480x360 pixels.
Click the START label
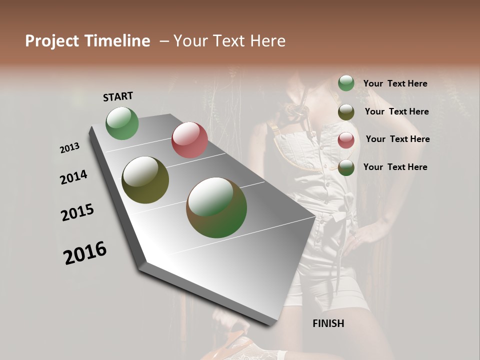click(118, 96)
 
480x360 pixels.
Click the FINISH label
click(328, 323)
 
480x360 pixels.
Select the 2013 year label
click(69, 148)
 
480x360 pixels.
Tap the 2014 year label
click(73, 177)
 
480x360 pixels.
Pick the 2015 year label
click(77, 213)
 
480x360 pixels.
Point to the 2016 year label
click(85, 253)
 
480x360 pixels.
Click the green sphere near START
click(122, 123)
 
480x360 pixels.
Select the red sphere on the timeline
click(189, 140)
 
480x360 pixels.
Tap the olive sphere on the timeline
click(145, 180)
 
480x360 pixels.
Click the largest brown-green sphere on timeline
click(216, 207)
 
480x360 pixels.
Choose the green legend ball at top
click(346, 83)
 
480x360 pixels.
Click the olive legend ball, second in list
click(346, 112)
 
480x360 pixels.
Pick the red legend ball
click(346, 140)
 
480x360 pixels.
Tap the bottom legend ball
click(346, 167)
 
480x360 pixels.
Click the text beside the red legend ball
click(397, 139)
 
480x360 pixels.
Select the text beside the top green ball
click(395, 83)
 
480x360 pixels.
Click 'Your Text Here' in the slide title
click(229, 41)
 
